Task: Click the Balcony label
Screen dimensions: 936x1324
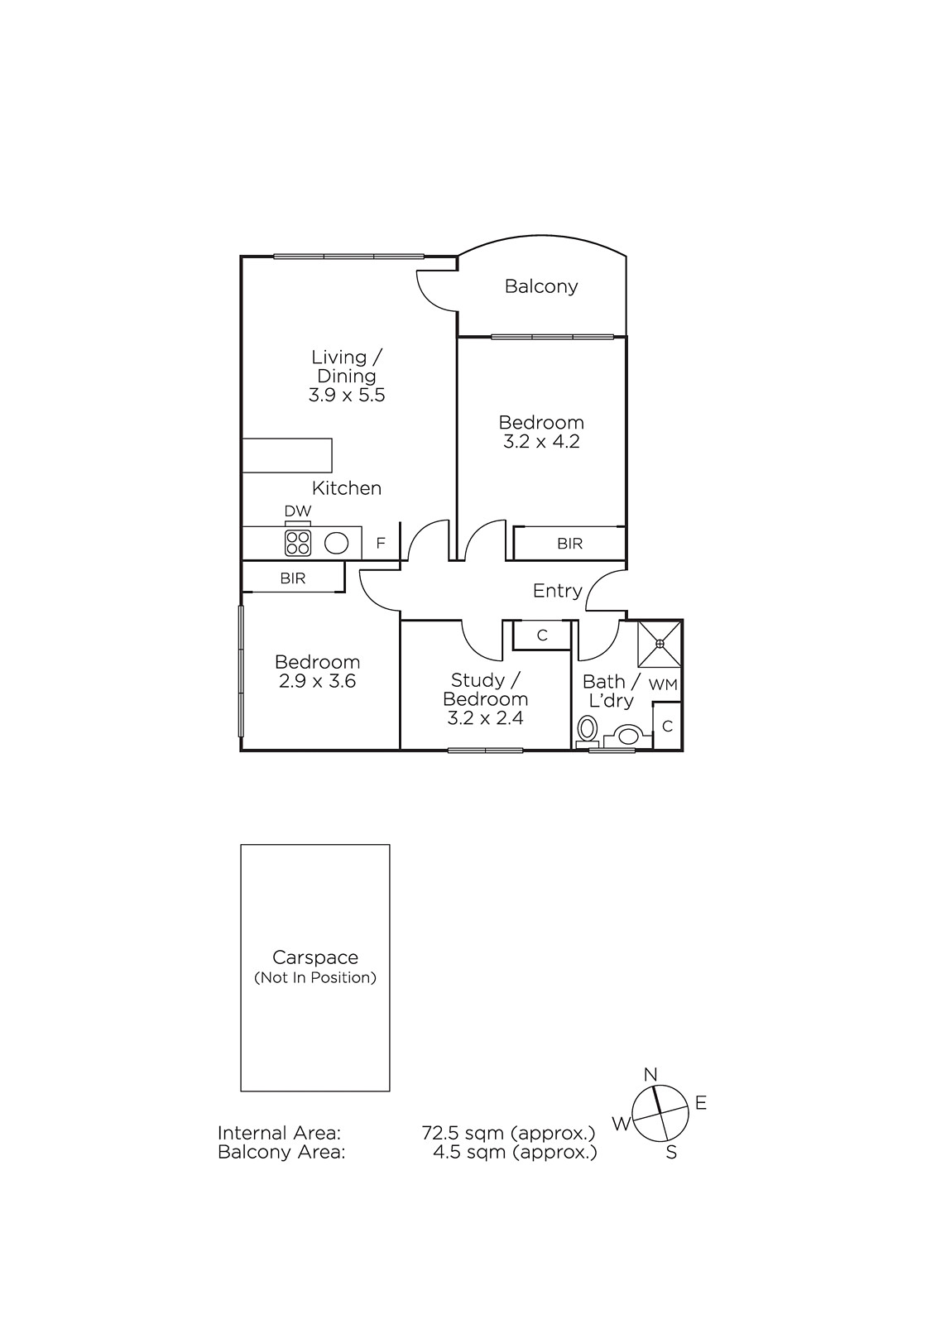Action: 541,286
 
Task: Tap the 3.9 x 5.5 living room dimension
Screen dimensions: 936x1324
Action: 347,395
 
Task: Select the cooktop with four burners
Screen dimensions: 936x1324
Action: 298,543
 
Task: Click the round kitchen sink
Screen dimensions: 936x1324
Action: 336,543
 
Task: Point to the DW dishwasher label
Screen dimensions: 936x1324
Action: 298,511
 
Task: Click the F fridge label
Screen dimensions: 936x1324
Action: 381,543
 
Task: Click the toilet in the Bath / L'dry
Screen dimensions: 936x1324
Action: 587,729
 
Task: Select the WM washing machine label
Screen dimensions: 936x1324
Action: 663,684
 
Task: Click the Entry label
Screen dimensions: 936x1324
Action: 558,591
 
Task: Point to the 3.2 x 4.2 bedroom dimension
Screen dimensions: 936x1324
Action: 541,442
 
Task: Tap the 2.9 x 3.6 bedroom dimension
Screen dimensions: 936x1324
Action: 318,681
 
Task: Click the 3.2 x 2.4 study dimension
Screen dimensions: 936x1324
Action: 486,718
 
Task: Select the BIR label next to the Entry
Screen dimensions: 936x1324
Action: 570,543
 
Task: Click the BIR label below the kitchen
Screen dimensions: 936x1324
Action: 293,578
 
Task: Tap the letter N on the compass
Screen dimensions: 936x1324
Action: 650,1075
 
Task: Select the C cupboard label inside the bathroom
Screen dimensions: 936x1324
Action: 668,726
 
